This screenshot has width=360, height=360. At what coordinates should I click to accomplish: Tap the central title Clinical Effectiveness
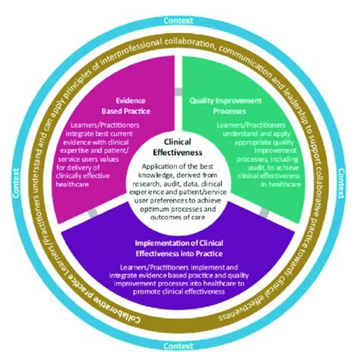point(180,146)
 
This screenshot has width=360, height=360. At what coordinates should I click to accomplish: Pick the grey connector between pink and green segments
point(180,92)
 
